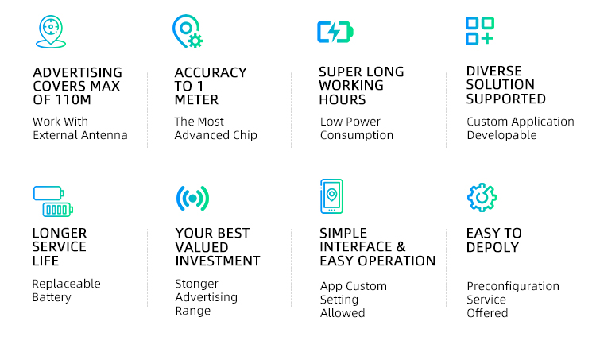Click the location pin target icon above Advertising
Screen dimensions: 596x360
51,32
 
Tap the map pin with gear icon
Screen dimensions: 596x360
188,32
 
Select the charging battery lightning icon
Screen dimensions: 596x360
335,32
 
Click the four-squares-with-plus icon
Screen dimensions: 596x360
480,31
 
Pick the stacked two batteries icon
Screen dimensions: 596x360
52,201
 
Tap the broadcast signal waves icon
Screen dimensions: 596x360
193,198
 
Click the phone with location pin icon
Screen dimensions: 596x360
332,196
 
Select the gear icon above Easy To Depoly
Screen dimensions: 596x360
482,197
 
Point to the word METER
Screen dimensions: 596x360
196,99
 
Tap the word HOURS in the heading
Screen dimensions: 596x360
342,99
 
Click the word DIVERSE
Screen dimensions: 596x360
493,71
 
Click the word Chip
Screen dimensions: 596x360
246,135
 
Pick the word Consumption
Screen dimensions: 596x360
357,135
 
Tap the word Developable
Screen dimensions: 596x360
501,135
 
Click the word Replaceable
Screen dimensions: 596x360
67,284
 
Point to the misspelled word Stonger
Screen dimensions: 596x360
196,284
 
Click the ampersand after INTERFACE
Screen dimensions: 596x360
401,246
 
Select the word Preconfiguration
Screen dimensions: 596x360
513,286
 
